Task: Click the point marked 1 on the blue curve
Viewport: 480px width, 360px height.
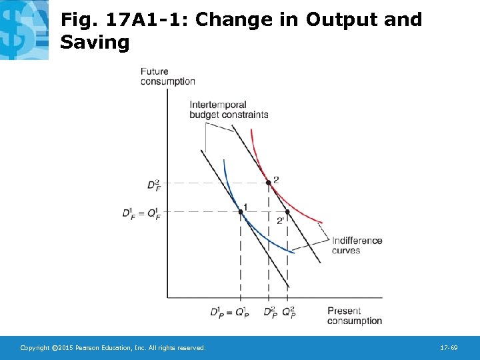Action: click(241, 212)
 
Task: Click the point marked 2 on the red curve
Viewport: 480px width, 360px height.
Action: click(268, 182)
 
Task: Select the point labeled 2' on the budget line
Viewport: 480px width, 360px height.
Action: click(287, 212)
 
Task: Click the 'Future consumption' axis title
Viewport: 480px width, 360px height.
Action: click(167, 77)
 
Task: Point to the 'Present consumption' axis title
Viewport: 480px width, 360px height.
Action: click(354, 316)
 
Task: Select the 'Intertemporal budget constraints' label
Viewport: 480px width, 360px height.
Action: click(229, 109)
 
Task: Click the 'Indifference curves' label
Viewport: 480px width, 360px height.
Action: click(357, 245)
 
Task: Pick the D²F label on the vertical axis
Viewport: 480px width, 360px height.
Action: click(153, 184)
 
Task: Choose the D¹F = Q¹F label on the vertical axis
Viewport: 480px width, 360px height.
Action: click(141, 213)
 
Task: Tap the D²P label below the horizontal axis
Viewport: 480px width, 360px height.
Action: click(270, 313)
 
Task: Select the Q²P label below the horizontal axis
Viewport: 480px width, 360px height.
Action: click(289, 313)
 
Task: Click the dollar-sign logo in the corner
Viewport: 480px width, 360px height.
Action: click(24, 30)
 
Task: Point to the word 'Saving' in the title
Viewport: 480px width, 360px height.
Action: click(95, 43)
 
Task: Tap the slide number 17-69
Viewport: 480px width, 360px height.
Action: click(448, 348)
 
